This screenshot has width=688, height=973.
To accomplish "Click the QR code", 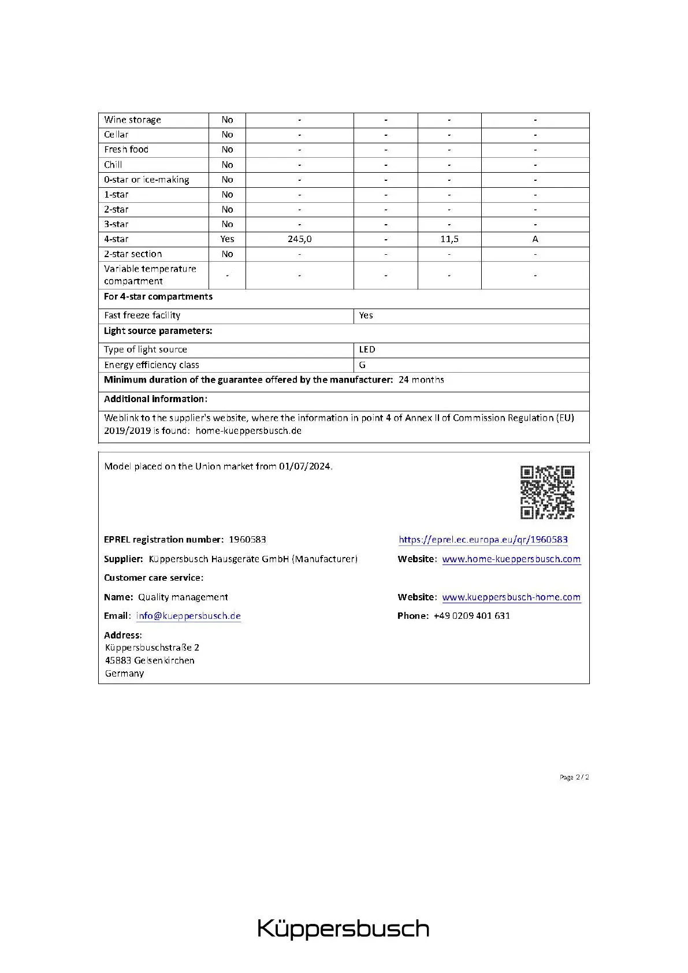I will [x=547, y=492].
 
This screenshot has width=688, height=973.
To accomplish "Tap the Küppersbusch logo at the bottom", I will [x=343, y=929].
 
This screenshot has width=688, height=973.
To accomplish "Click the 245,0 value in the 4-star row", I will [x=299, y=239].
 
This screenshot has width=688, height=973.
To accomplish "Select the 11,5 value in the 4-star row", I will [x=449, y=239].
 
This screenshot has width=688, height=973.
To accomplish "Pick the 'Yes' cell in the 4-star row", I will [x=227, y=239].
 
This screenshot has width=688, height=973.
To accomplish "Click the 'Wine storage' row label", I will [x=132, y=120].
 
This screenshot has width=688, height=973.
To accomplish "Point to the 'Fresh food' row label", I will [x=126, y=150].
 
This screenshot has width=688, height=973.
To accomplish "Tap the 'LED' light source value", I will [x=367, y=350].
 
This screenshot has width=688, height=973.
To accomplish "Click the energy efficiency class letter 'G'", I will [x=362, y=365].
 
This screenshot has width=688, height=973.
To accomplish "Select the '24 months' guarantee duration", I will [x=421, y=380].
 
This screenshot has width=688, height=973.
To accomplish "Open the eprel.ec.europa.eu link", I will [x=483, y=540].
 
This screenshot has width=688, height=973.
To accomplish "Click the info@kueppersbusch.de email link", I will [x=188, y=616].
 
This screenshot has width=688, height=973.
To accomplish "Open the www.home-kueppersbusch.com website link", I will [x=511, y=559].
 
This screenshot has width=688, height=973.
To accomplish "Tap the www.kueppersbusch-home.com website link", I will [x=511, y=597].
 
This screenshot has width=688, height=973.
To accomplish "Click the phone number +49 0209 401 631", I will [x=471, y=616].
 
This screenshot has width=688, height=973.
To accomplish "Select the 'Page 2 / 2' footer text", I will [x=574, y=777].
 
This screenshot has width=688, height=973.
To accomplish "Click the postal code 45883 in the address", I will [x=118, y=660].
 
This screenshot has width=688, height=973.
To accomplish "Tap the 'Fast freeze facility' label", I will [x=142, y=315].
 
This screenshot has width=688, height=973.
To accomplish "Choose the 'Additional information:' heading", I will [x=155, y=399].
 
